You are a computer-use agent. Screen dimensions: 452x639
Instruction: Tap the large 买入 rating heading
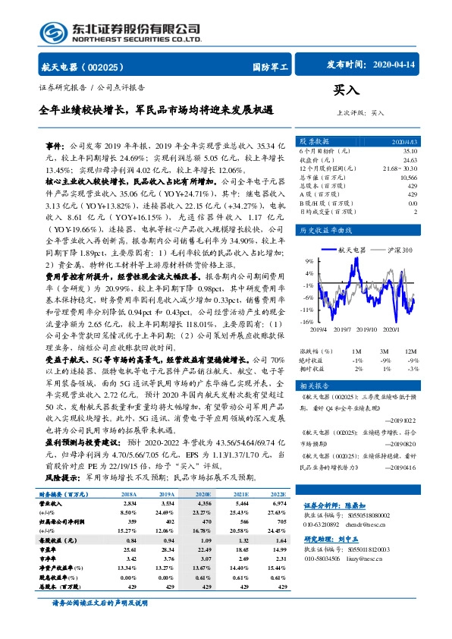point(346,90)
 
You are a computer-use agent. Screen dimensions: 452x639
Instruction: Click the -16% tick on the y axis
point(306,322)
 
